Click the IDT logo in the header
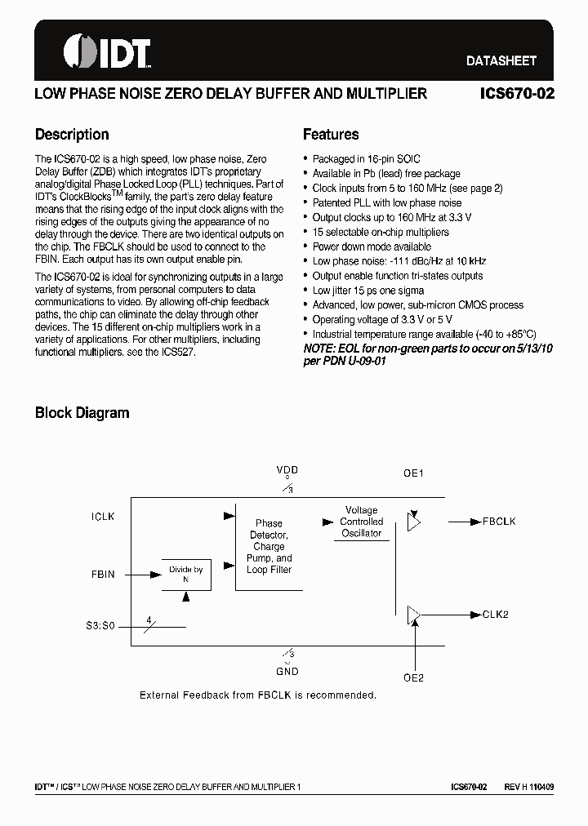(106, 51)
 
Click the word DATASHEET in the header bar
(501, 60)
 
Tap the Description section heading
(72, 135)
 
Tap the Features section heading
(331, 135)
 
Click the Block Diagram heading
(82, 413)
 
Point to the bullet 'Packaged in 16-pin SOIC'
(366, 159)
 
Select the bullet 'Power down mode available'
(372, 246)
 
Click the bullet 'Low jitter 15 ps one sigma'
(368, 291)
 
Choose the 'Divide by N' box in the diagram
(186, 574)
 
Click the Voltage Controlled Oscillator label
(361, 522)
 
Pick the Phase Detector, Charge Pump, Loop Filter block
(269, 546)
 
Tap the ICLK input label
(104, 517)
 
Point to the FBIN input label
(103, 575)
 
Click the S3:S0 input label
(101, 627)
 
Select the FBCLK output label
(499, 522)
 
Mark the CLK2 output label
(495, 615)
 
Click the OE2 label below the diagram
(414, 677)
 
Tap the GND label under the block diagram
(287, 672)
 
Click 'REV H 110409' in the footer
(528, 787)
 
